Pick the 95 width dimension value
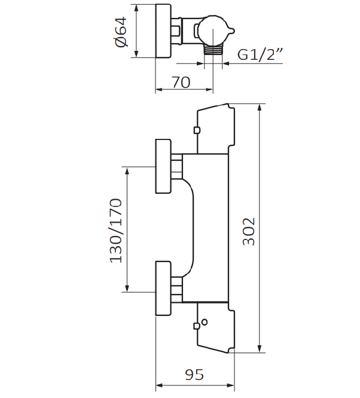point(193,375)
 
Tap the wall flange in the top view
point(164,31)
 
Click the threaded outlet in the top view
point(213,52)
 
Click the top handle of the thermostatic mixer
point(213,128)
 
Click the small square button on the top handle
point(196,130)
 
